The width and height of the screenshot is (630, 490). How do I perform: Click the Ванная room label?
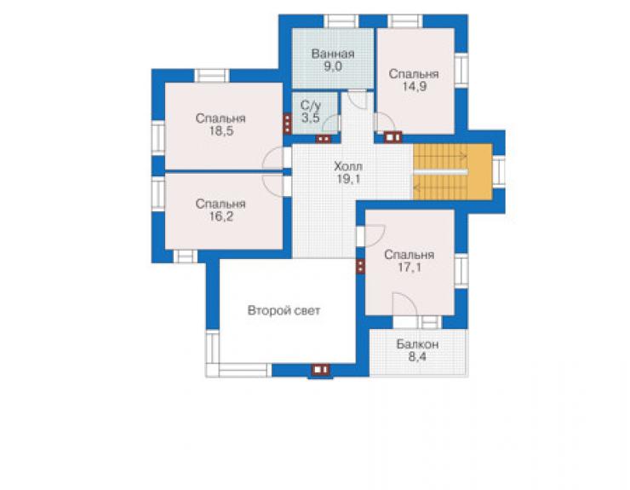[x=333, y=54]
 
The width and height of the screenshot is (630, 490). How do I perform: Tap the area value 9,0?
[x=333, y=66]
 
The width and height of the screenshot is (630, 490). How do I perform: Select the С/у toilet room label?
[x=311, y=106]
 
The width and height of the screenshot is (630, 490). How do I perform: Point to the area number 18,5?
[x=220, y=130]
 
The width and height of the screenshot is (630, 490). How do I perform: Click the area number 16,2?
[x=220, y=216]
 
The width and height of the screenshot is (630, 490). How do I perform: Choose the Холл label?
[x=348, y=166]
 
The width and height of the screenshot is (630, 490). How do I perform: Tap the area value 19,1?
[x=348, y=179]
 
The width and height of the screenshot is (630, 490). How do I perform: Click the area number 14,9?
[x=415, y=86]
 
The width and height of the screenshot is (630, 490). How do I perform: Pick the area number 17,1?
[x=409, y=267]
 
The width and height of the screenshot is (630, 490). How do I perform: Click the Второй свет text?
[x=283, y=310]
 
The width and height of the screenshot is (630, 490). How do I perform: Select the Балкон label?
[x=417, y=344]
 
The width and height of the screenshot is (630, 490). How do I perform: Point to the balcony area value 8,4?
[x=417, y=357]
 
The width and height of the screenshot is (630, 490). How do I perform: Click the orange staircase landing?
[x=479, y=172]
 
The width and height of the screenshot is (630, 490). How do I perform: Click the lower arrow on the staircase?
[x=440, y=187]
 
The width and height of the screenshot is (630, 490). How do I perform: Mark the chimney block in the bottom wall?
[x=320, y=370]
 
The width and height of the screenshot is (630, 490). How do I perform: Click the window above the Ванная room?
[x=341, y=21]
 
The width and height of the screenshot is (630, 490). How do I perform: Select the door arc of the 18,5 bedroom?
[x=272, y=157]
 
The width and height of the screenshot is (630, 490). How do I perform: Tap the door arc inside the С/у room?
[x=330, y=123]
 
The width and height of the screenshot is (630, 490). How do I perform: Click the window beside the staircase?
[x=499, y=171]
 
